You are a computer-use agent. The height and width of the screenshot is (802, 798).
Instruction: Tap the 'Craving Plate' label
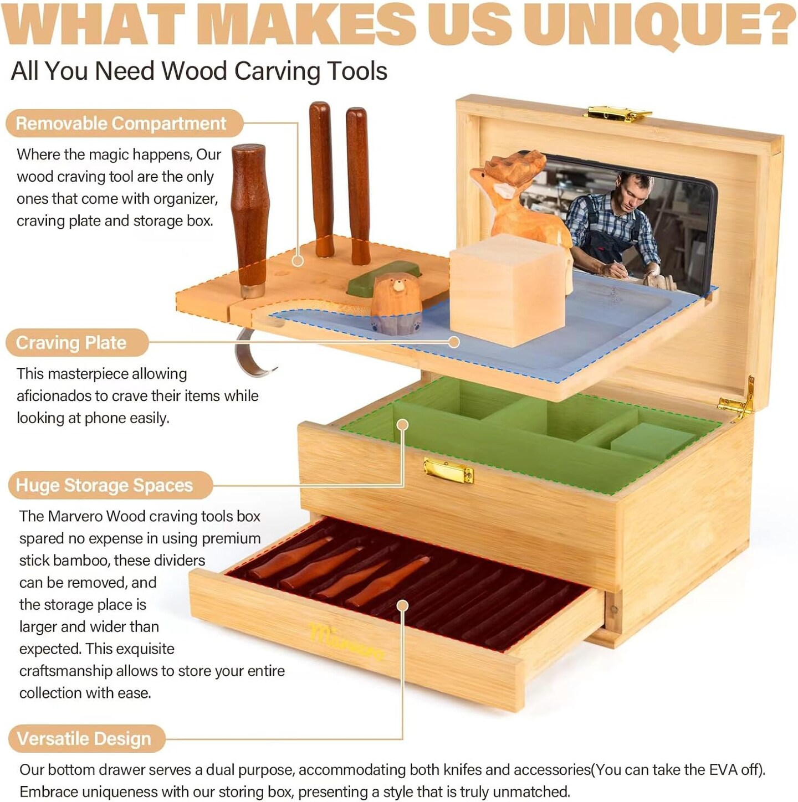(77, 342)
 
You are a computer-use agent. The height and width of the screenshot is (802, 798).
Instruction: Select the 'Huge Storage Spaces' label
(110, 485)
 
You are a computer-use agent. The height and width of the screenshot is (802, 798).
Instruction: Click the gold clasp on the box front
(448, 470)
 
